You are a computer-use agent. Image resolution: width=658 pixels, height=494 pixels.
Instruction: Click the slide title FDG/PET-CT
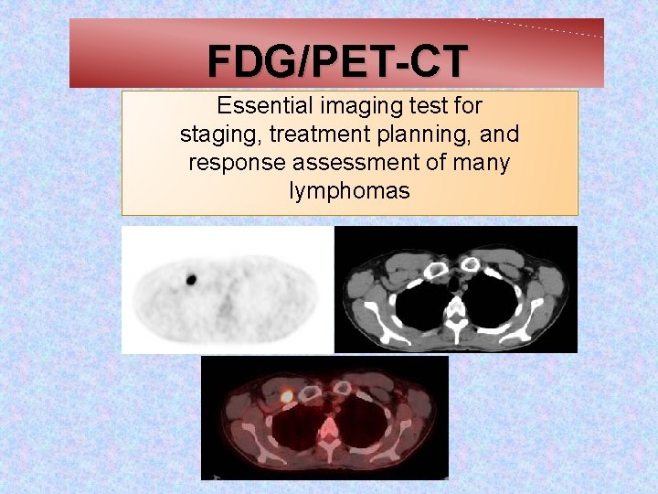[337, 62]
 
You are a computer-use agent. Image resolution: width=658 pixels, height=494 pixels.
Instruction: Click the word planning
[422, 134]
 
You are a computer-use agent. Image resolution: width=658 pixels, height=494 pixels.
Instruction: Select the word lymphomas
[349, 191]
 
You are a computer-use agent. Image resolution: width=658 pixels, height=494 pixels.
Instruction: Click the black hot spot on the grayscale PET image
[192, 279]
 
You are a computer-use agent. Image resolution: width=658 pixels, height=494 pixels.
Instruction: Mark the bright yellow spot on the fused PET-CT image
[286, 396]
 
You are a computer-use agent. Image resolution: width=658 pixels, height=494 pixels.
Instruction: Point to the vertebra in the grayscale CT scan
[456, 317]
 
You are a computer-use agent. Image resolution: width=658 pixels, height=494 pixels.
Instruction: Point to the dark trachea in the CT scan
[454, 285]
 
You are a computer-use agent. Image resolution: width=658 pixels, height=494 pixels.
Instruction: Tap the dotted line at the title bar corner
[539, 27]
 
